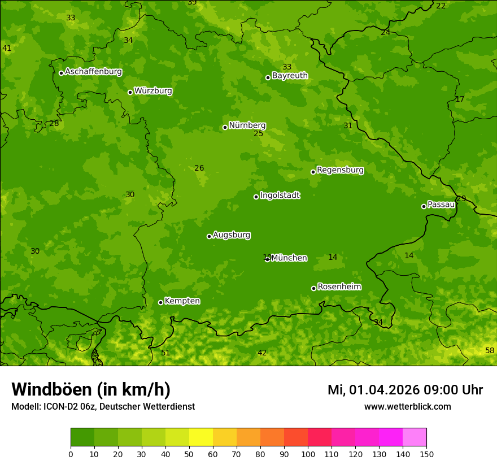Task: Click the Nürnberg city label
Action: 247,125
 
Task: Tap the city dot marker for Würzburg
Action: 130,92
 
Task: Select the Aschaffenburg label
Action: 93,72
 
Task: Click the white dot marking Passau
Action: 424,206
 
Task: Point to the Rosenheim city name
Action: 339,286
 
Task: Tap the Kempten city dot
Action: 160,302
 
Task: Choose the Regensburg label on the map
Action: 340,170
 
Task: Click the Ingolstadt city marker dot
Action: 256,197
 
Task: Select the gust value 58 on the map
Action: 490,351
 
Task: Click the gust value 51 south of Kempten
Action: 165,353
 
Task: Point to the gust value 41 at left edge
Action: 7,49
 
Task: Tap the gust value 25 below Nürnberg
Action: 258,134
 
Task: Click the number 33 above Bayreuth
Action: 287,67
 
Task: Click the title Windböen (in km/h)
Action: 91,389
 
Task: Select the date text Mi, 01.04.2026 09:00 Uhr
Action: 405,390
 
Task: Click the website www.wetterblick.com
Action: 407,407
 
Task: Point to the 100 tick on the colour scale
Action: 308,454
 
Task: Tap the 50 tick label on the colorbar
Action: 189,454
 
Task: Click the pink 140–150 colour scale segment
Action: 415,437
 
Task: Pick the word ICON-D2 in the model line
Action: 60,407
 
